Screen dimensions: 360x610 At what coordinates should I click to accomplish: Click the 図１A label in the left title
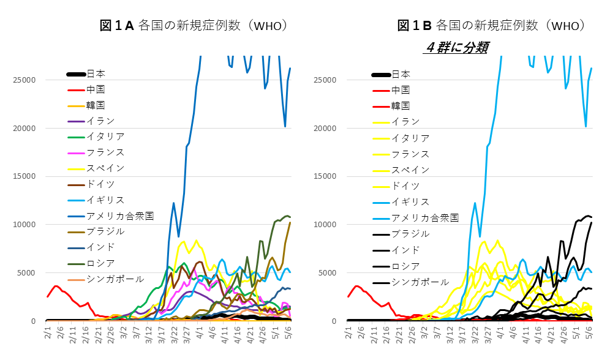pos(116,25)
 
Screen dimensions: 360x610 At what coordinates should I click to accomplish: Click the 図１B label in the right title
pos(415,25)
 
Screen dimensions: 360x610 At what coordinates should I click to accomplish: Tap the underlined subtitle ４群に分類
pos(456,48)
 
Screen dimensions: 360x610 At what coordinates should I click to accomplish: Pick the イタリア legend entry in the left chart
pos(106,137)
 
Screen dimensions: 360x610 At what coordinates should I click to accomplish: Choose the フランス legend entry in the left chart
pos(106,152)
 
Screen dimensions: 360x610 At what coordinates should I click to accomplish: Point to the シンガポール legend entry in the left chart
pos(115,279)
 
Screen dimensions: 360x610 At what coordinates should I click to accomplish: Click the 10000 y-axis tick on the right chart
pos(327,225)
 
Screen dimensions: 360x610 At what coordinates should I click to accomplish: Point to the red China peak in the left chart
pos(56,286)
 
